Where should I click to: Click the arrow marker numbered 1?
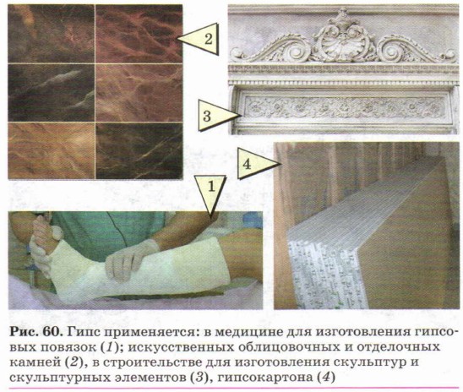(210, 192)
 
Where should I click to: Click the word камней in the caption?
(34, 362)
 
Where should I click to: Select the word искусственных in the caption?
(181, 347)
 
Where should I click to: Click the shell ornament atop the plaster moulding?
(342, 43)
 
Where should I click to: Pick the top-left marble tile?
(51, 33)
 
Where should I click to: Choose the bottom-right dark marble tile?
(139, 151)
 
